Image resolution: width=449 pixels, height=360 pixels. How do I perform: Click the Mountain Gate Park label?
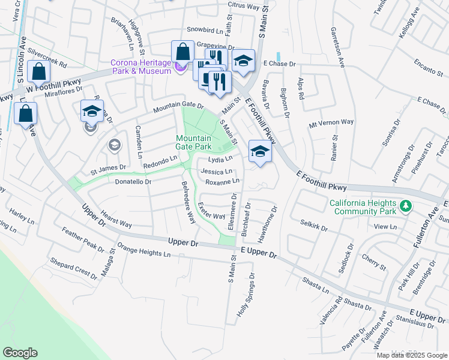(x=193, y=142)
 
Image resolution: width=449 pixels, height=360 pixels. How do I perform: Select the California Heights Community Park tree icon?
(x=406, y=206)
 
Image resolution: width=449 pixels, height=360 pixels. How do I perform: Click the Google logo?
(x=20, y=353)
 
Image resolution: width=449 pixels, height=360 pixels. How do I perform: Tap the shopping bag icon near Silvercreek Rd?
(x=38, y=71)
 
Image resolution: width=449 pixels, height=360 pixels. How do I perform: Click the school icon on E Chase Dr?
(x=243, y=61)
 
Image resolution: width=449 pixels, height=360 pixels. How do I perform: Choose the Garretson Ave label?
(x=337, y=47)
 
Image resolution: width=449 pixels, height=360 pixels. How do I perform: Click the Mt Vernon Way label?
(x=331, y=122)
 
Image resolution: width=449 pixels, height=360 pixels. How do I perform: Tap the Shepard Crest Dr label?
(x=73, y=268)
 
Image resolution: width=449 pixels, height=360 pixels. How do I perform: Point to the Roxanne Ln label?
(x=222, y=181)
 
